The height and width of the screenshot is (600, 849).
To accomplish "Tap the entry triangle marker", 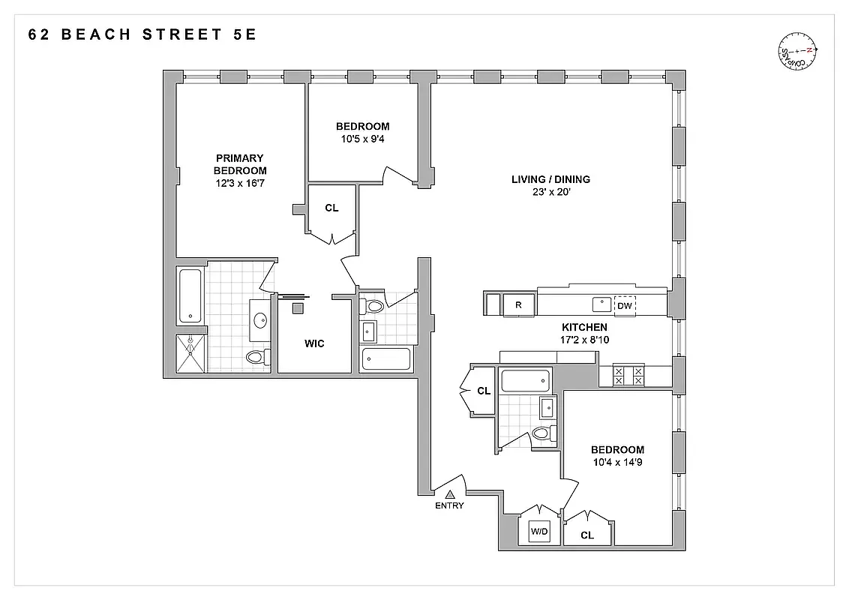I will point(451,494).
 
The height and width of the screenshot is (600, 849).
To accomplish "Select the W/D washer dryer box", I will point(539,532).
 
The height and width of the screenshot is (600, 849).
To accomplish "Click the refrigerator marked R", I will point(517,304).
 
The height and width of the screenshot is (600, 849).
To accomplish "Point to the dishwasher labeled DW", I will point(624,305).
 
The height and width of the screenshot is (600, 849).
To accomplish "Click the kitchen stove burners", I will point(628,375).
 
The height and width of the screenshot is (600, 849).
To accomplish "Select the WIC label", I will point(314,343).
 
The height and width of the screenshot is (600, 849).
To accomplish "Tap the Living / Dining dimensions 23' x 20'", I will point(550,191).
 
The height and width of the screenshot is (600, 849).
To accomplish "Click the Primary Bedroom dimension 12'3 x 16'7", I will point(240,182).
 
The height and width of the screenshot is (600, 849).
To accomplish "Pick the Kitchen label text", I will point(584,328).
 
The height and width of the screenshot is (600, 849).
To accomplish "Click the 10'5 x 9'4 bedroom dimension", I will point(362,139).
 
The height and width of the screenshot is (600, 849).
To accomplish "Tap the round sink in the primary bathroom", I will point(260,321).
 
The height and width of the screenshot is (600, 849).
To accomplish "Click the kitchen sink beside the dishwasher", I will point(601,304).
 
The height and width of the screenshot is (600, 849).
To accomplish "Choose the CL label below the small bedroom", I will point(331,208).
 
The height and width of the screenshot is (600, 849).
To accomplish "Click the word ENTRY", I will point(449,505).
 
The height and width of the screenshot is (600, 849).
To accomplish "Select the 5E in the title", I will point(244,34).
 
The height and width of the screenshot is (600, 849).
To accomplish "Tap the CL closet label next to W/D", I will point(587,535).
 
